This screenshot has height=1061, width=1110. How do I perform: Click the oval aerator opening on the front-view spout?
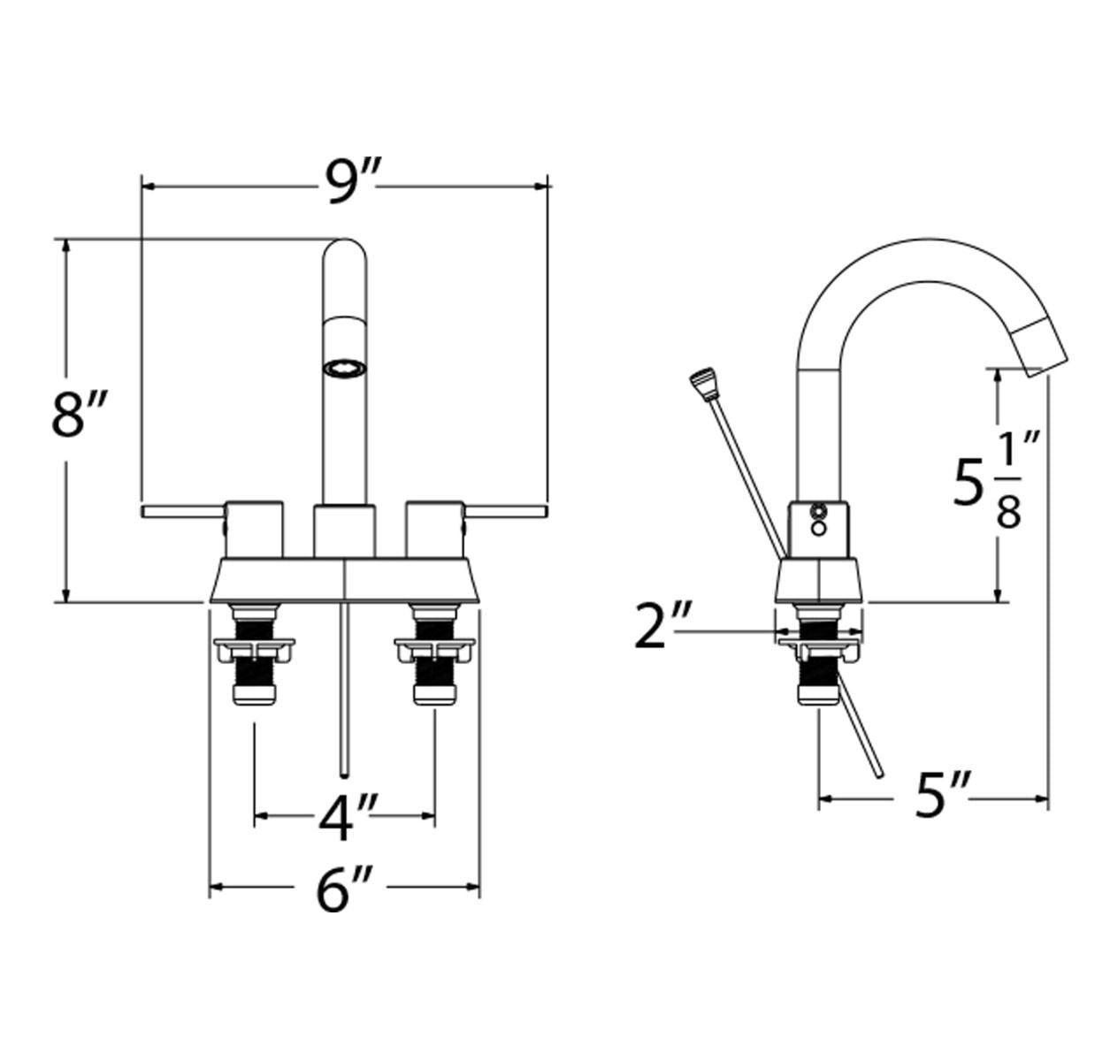click(x=346, y=368)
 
